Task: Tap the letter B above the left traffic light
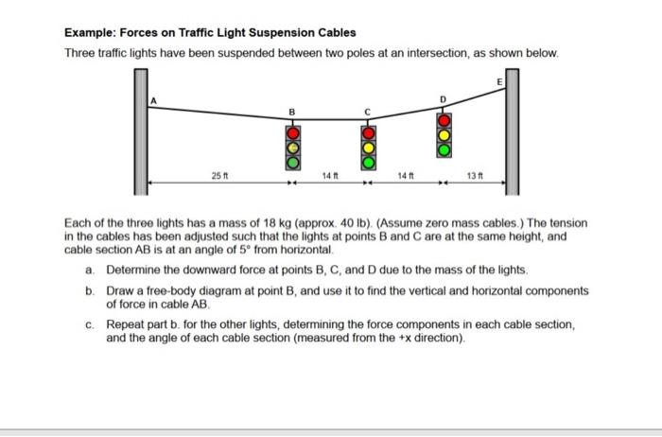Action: [x=293, y=112]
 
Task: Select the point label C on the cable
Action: [x=367, y=112]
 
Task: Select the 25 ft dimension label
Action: [x=218, y=176]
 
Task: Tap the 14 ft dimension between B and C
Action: [x=329, y=176]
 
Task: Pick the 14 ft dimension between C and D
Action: [x=404, y=176]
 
